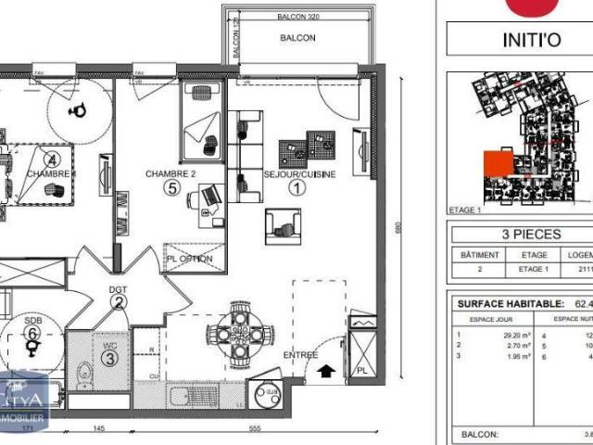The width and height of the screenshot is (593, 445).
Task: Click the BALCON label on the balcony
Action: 298,38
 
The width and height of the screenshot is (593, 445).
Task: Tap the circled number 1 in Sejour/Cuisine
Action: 297,187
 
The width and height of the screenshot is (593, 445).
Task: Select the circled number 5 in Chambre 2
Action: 170,187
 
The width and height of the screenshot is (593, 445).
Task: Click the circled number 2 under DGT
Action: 119,300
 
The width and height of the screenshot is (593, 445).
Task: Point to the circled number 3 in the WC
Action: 109,358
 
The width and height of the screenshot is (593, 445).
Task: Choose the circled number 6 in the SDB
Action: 32,332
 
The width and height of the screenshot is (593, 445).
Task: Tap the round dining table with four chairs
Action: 240,335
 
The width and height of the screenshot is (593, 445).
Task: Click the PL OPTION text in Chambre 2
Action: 190,259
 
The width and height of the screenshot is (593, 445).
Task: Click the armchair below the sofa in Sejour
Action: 283,225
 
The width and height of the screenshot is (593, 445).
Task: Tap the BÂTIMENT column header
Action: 480,255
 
